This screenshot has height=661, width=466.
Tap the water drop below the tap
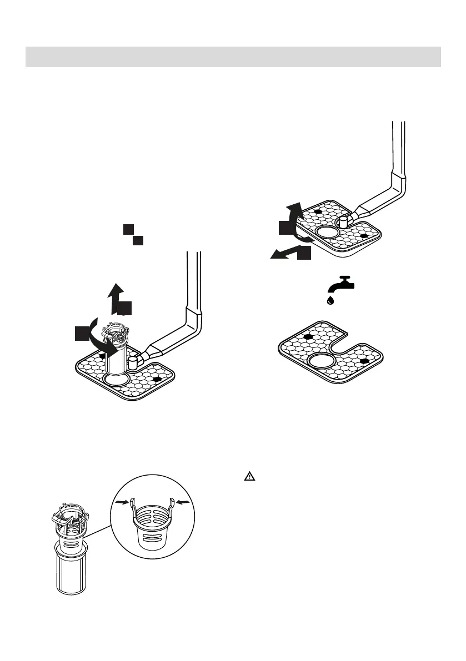click(x=330, y=301)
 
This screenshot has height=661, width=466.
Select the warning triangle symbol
click(x=250, y=476)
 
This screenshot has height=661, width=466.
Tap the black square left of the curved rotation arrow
click(x=82, y=334)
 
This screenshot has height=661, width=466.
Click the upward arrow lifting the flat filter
click(x=294, y=213)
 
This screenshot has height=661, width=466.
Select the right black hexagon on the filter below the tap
click(x=365, y=361)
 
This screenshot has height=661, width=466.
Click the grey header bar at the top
click(x=233, y=57)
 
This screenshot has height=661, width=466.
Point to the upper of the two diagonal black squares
click(x=128, y=229)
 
